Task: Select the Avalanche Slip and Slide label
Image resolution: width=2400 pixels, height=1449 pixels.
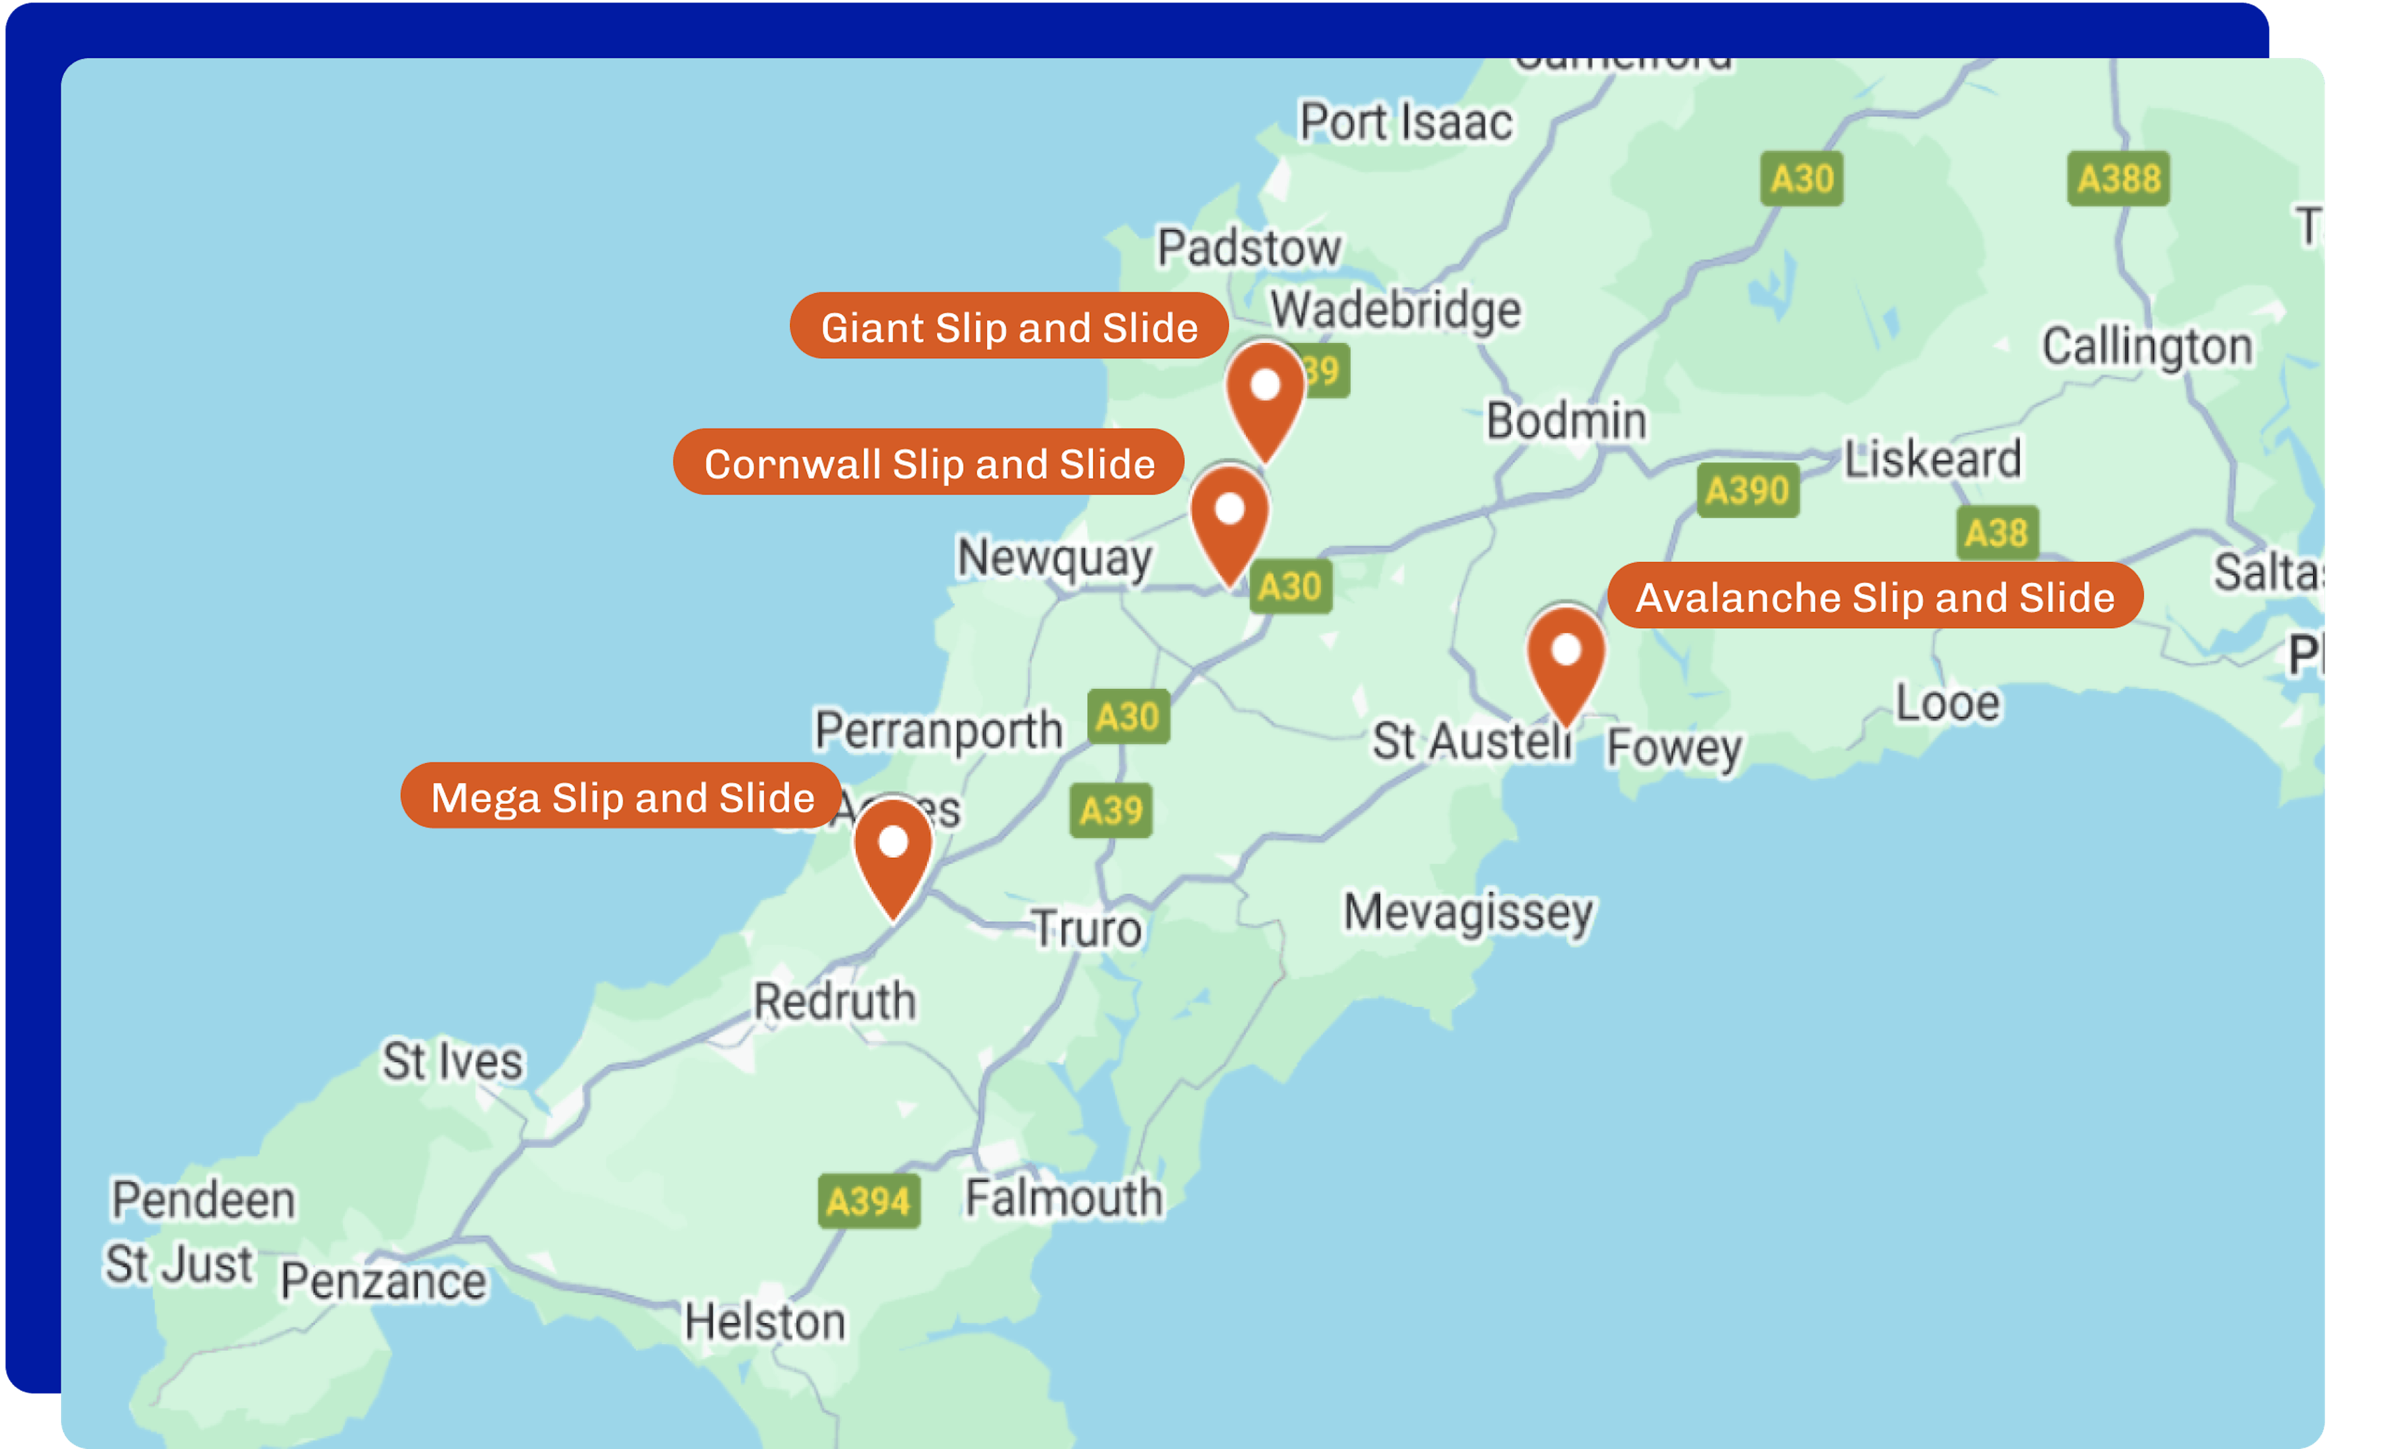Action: (x=1874, y=596)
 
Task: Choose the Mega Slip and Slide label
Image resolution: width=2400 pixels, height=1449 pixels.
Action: (x=621, y=796)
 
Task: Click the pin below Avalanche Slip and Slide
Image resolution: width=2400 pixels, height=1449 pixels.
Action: (x=1565, y=658)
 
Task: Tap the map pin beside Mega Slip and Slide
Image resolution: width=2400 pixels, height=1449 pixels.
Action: (x=893, y=850)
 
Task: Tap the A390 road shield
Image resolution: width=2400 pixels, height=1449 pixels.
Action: (x=1747, y=490)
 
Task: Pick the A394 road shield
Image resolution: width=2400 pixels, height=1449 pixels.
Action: (x=868, y=1201)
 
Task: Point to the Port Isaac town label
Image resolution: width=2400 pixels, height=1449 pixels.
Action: (x=1406, y=123)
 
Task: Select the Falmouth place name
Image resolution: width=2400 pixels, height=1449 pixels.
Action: (x=1064, y=1198)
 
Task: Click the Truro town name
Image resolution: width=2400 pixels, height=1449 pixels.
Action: (x=1086, y=929)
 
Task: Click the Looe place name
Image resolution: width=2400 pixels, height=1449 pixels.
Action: (x=1947, y=703)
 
